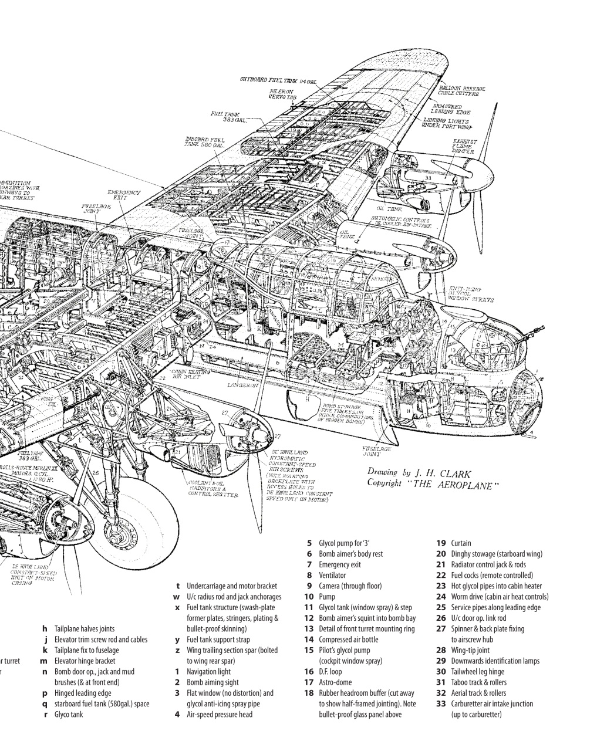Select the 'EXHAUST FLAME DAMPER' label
pyautogui.click(x=464, y=146)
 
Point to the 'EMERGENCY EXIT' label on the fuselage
pyautogui.click(x=123, y=195)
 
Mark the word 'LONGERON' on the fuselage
pyautogui.click(x=243, y=385)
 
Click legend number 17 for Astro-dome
pyautogui.click(x=308, y=682)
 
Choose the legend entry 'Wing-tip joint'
pyautogui.click(x=470, y=650)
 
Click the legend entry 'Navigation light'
pyautogui.click(x=208, y=672)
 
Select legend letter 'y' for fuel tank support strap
pyautogui.click(x=177, y=640)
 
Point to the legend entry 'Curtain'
pyautogui.click(x=461, y=543)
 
